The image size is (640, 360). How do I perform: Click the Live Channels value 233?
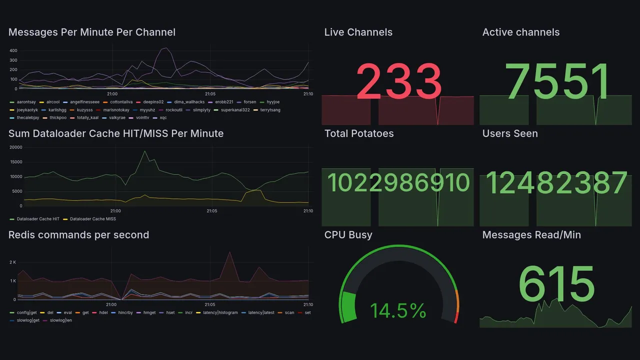pos(398,82)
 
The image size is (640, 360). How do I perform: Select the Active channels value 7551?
pos(557,82)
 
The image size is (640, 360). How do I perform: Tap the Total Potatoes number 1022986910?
pos(398,183)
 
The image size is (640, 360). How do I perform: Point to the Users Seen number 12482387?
pos(556,183)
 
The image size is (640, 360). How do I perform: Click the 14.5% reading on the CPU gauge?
pos(398,311)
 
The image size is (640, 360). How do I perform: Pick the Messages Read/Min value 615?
pos(556,284)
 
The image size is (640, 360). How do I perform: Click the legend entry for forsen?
pos(249,102)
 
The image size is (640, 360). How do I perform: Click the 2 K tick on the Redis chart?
pos(13,262)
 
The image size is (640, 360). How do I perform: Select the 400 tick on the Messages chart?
pos(13,50)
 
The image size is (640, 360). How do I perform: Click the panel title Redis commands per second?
pos(78,235)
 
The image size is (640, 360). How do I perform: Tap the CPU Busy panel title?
pos(348,235)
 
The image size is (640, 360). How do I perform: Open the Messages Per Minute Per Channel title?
pos(91,32)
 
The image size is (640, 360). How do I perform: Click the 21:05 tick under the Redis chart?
pos(210,304)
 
